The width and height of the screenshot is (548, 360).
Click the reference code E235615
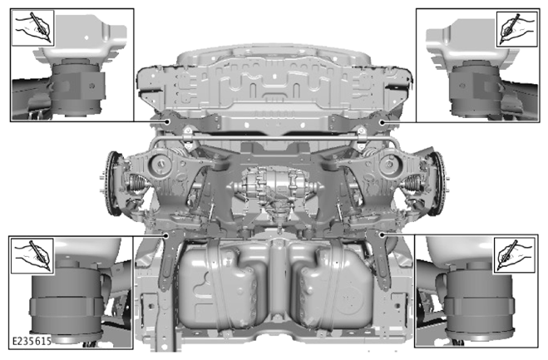coord(32,341)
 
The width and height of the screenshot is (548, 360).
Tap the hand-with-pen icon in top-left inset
coord(33,28)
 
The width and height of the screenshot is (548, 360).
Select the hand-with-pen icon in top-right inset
coord(517,29)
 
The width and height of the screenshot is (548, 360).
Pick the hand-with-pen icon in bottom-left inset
coord(32,256)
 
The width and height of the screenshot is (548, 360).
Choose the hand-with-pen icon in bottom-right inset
coord(514,255)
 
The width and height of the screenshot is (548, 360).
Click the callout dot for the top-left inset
coord(168,121)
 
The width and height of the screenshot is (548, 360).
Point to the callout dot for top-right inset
coord(383,122)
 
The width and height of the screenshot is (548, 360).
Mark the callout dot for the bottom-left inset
coord(166,235)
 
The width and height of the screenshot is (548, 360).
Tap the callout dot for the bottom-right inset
coord(382,234)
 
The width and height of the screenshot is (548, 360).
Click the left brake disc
coord(112,183)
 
